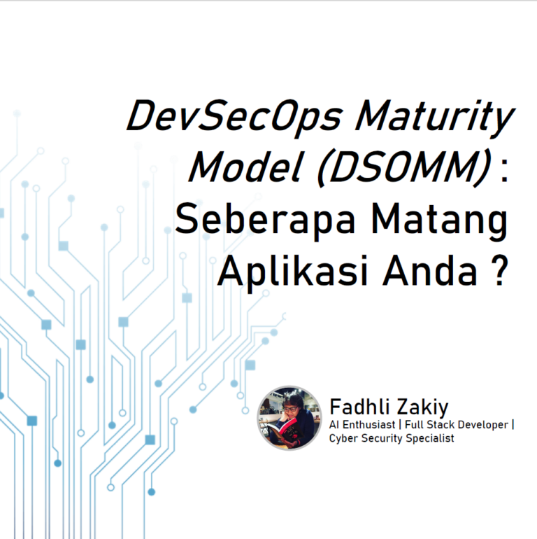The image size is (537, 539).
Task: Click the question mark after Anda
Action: (497, 269)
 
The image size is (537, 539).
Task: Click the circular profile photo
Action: (289, 417)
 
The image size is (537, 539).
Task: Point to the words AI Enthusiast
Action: (362, 424)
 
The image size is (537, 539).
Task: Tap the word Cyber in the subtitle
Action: (343, 438)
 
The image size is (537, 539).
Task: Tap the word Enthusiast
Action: (370, 424)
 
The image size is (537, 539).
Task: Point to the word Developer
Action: (484, 424)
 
